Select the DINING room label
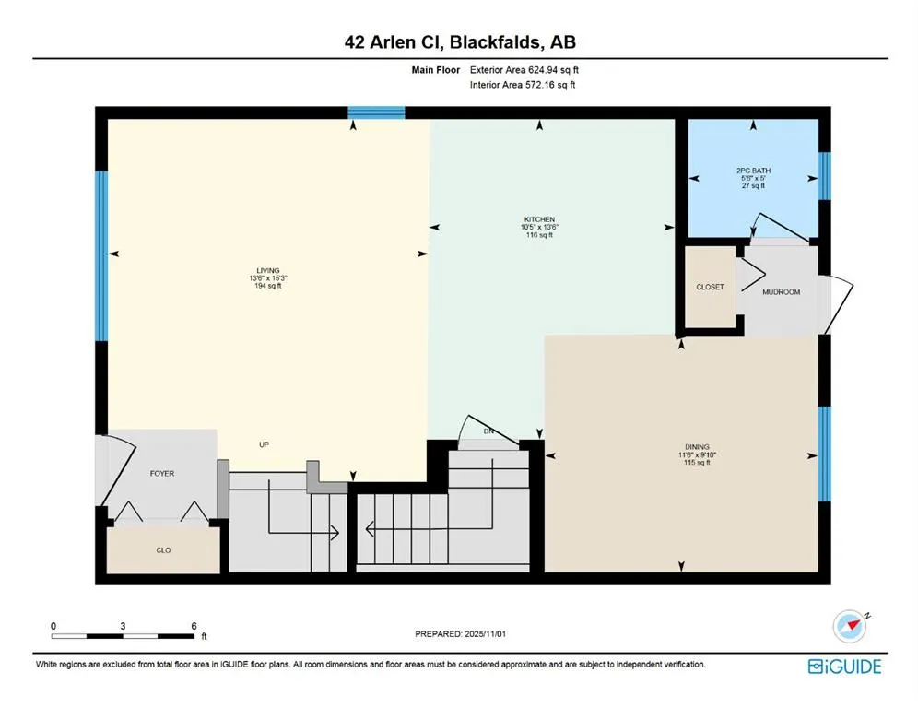pos(697,447)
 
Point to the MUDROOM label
pos(781,291)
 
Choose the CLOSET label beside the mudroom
pos(710,287)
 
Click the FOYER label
pos(162,473)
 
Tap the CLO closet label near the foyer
pos(163,550)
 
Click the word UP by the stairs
pos(263,445)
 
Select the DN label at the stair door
pos(489,431)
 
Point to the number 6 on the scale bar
pos(193,625)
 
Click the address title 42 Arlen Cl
pos(459,41)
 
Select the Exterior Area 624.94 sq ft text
pos(524,69)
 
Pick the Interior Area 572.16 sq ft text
pos(524,86)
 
